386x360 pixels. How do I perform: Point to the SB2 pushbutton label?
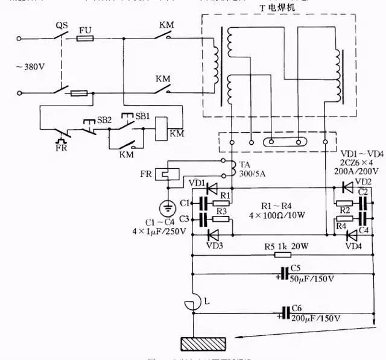(x=104, y=120)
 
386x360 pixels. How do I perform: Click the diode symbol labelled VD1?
(x=210, y=188)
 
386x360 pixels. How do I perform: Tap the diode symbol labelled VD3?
(x=210, y=234)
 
